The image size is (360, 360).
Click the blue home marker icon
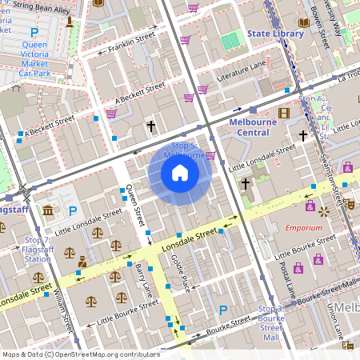pyautogui.click(x=180, y=173)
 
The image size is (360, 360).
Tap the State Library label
pyautogui.click(x=275, y=34)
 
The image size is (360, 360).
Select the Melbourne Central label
pyautogui.click(x=258, y=127)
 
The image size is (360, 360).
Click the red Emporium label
pyautogui.click(x=303, y=228)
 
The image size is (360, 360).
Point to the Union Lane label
pyautogui.click(x=331, y=321)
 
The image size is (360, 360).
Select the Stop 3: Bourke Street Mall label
pyautogui.click(x=270, y=323)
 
